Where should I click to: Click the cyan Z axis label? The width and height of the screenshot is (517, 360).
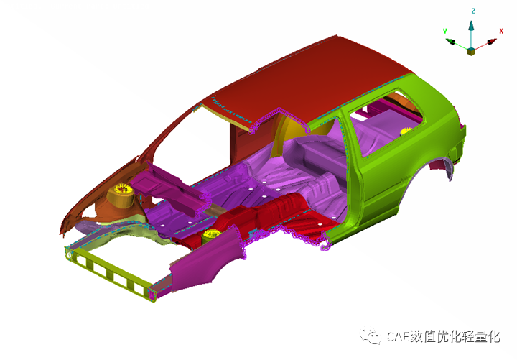[473, 11]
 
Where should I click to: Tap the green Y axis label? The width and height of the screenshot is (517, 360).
[444, 31]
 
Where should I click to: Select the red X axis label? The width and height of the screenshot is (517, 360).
[501, 31]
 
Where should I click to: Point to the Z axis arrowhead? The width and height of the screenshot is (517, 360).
[471, 26]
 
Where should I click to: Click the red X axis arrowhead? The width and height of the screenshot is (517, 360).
[492, 42]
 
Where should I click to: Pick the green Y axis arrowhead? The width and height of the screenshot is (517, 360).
[450, 42]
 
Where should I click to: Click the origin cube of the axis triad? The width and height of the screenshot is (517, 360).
[471, 52]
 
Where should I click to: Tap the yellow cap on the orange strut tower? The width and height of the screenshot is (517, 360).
[123, 189]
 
